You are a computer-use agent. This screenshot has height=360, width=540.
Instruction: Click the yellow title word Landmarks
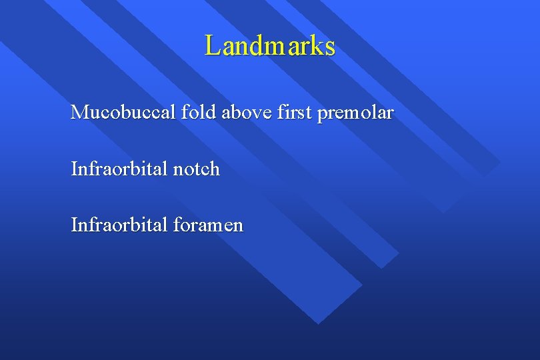[270, 46]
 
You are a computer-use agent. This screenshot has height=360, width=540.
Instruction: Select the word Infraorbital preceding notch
[119, 169]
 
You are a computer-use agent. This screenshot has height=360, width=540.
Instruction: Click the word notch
[196, 169]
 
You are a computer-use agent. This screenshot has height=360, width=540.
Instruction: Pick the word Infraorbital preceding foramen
[119, 225]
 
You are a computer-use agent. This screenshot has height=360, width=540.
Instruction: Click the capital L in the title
[213, 46]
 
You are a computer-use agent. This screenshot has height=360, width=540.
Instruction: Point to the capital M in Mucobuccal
[79, 113]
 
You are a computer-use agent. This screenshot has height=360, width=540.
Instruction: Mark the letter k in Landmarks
[316, 46]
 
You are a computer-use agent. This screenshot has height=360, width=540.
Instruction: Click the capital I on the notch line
[74, 169]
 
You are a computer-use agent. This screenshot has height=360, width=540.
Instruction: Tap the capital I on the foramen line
[74, 225]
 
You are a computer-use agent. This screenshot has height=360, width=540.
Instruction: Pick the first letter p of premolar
[323, 115]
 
